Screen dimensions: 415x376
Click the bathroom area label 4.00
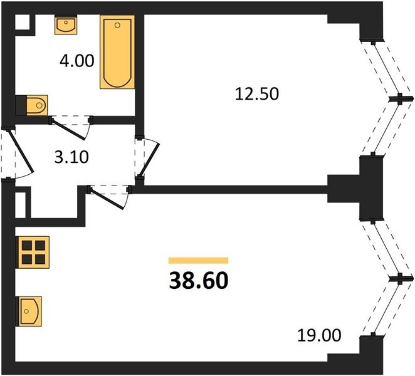[76, 61]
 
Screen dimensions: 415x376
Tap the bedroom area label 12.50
[257, 94]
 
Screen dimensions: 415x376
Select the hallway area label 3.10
[71, 157]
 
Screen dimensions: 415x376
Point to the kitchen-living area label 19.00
[319, 335]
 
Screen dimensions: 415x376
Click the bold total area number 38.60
[199, 281]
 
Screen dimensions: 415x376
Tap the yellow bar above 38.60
[199, 261]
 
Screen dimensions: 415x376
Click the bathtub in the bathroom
[117, 52]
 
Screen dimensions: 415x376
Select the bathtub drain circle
[117, 25]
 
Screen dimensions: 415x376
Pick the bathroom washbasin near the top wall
[66, 24]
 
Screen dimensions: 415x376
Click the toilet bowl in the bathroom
[37, 105]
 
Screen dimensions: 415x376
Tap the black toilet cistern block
[21, 105]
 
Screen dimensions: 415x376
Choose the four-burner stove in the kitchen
[33, 252]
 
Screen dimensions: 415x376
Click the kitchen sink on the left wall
[29, 311]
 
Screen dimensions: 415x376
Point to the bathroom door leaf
[69, 129]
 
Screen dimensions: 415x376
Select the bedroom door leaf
[150, 159]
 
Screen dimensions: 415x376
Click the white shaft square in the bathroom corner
[22, 22]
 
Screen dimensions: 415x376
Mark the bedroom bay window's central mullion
[401, 99]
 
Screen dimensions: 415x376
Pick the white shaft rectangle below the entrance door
[21, 205]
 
